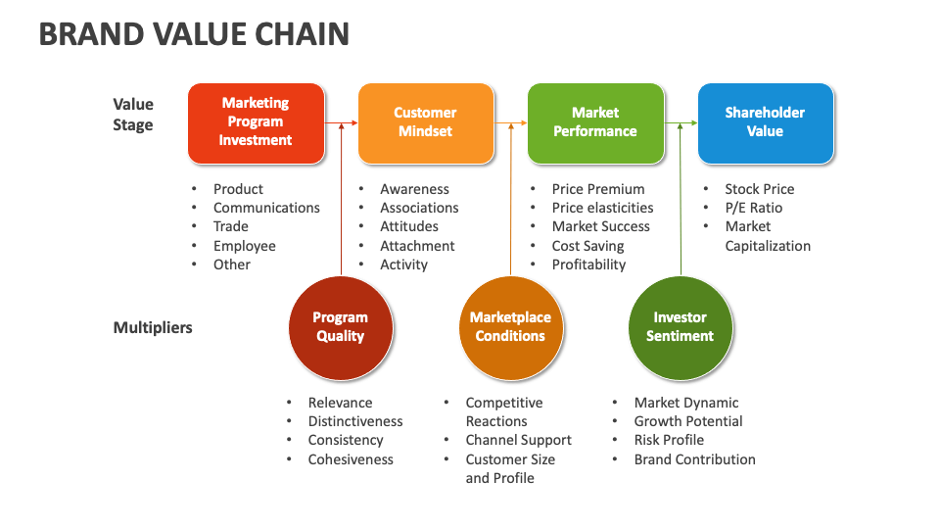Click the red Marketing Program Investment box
pyautogui.click(x=255, y=122)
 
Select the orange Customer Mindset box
pyautogui.click(x=425, y=122)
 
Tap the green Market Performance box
pyautogui.click(x=595, y=122)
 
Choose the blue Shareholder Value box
pyautogui.click(x=765, y=122)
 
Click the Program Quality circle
pyautogui.click(x=341, y=327)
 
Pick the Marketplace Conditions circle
pyautogui.click(x=510, y=327)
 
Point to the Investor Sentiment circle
pyautogui.click(x=680, y=327)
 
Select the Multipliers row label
pyautogui.click(x=153, y=328)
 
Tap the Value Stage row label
pyautogui.click(x=133, y=115)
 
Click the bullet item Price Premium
pyautogui.click(x=598, y=189)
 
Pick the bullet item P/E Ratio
pyautogui.click(x=753, y=208)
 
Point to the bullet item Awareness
pyautogui.click(x=414, y=189)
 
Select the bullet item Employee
pyautogui.click(x=245, y=246)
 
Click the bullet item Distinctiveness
pyautogui.click(x=355, y=421)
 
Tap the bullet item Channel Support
pyautogui.click(x=518, y=440)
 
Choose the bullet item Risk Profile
pyautogui.click(x=669, y=440)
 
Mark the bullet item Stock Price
pyautogui.click(x=759, y=189)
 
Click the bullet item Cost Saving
pyautogui.click(x=587, y=246)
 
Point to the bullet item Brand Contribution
pyautogui.click(x=694, y=459)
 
